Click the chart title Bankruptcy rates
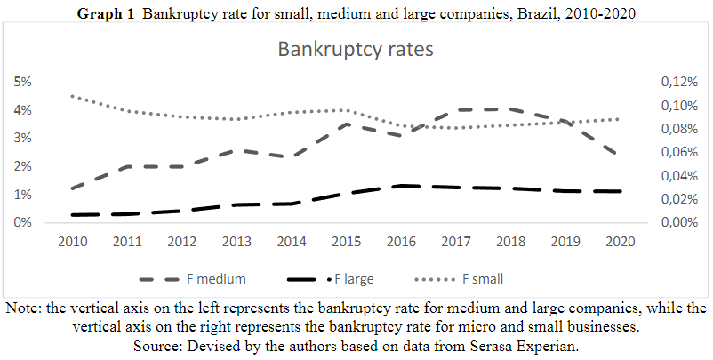click(x=355, y=49)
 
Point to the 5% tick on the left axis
click(x=22, y=82)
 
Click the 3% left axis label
click(x=22, y=138)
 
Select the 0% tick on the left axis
click(x=22, y=222)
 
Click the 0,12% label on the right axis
click(x=680, y=82)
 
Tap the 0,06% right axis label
click(x=680, y=152)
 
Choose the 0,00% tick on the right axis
click(x=680, y=222)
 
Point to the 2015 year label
click(x=345, y=241)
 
